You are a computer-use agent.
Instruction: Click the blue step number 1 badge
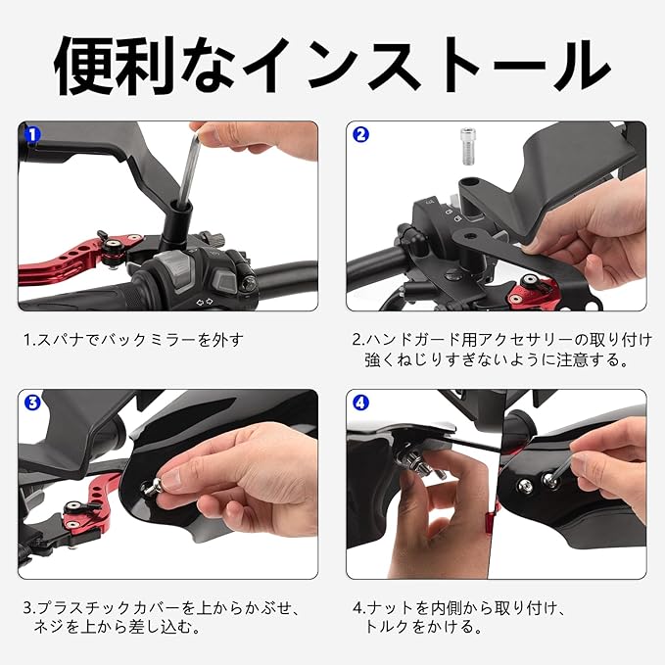coord(32,135)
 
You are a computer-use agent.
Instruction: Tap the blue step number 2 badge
coord(360,134)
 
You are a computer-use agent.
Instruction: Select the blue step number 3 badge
coord(32,403)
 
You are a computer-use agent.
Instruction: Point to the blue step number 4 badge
coord(360,403)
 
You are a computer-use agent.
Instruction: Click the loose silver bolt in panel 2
coord(468,146)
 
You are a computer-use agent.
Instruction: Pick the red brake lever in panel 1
coord(76,260)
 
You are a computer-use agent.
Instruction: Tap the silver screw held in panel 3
coord(153,486)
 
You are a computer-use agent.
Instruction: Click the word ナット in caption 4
coord(390,608)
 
